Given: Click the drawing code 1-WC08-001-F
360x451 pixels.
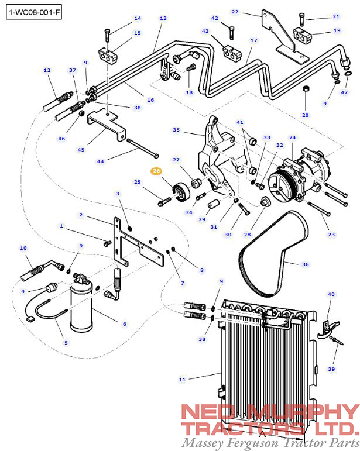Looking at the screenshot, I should pyautogui.click(x=33, y=13).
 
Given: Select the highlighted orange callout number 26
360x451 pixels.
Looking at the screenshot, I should pyautogui.click(x=156, y=171).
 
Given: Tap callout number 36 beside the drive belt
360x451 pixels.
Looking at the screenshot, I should pyautogui.click(x=305, y=264).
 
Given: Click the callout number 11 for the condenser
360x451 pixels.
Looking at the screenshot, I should pyautogui.click(x=182, y=380).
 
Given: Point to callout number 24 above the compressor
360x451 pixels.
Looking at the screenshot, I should pyautogui.click(x=292, y=138).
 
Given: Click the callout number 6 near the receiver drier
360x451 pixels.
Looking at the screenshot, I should pyautogui.click(x=124, y=323).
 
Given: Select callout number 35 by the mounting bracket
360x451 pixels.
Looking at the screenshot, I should pyautogui.click(x=176, y=129).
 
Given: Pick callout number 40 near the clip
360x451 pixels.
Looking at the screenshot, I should pyautogui.click(x=331, y=294).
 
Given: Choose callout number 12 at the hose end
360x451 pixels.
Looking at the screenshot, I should pyautogui.click(x=47, y=70).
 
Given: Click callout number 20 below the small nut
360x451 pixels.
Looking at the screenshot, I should pyautogui.click(x=305, y=115).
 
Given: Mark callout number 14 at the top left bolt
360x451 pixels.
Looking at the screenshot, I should pyautogui.click(x=138, y=18).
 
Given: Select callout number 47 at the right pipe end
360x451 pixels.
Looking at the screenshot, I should pyautogui.click(x=344, y=92).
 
